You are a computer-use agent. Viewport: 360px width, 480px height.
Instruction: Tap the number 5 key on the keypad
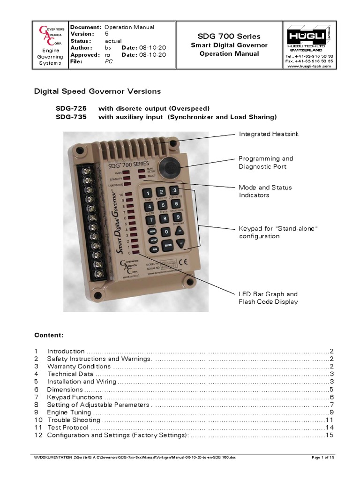click(x=162, y=205)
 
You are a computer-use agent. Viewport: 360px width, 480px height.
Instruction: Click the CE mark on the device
click(x=186, y=262)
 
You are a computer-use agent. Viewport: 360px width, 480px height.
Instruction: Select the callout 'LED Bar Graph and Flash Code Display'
click(x=268, y=298)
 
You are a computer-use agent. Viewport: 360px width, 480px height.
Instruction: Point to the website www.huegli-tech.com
click(x=309, y=66)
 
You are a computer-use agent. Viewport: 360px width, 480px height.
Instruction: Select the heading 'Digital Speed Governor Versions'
click(x=97, y=91)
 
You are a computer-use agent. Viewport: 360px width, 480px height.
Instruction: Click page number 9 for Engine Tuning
click(x=331, y=412)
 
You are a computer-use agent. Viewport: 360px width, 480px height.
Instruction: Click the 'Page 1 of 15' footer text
click(x=323, y=457)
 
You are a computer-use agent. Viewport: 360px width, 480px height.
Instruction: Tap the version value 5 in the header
click(x=106, y=34)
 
